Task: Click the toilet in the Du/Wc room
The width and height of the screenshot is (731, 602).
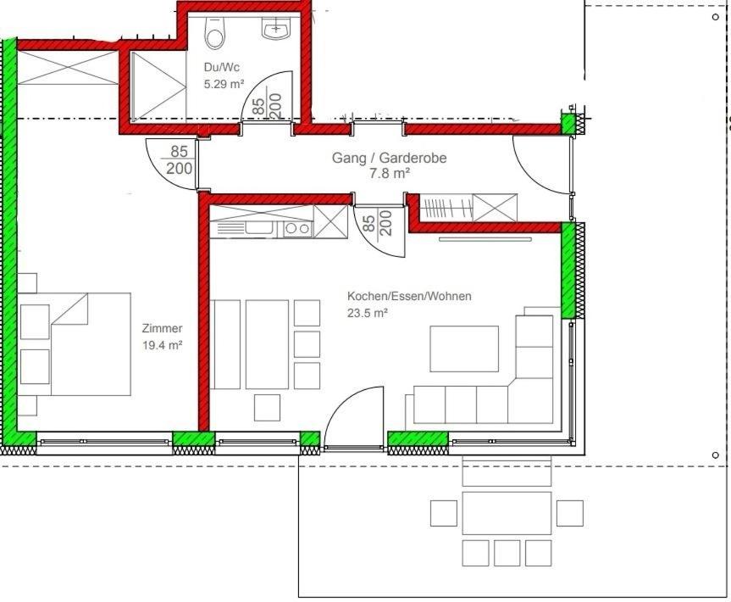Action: [x=215, y=33]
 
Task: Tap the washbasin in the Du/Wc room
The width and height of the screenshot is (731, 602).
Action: [x=276, y=29]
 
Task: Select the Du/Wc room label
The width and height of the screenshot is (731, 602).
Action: [x=222, y=67]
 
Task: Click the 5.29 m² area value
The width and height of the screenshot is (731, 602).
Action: [x=224, y=85]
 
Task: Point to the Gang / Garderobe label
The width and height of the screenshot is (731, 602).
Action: [x=390, y=158]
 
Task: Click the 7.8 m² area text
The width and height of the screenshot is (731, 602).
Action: [x=390, y=174]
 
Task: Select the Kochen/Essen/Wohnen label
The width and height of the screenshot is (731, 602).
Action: [x=409, y=296]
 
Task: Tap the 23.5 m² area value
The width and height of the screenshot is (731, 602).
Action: [x=368, y=313]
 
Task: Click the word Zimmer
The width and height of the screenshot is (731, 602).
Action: [x=163, y=328]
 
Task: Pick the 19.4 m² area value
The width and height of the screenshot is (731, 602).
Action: [x=163, y=345]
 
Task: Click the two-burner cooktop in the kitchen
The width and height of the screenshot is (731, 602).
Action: [x=297, y=229]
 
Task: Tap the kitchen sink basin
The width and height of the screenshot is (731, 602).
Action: [x=259, y=228]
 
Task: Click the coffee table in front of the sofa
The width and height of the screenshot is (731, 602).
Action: [x=464, y=348]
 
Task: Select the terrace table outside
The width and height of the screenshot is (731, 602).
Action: [x=507, y=513]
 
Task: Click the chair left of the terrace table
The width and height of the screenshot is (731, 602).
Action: [x=443, y=513]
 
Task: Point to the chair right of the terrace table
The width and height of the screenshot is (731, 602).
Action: [x=570, y=513]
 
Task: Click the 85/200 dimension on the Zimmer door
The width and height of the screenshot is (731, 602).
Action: [x=179, y=159]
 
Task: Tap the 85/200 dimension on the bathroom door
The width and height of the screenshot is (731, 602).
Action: [x=268, y=105]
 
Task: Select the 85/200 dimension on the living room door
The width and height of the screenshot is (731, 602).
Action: [x=377, y=223]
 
